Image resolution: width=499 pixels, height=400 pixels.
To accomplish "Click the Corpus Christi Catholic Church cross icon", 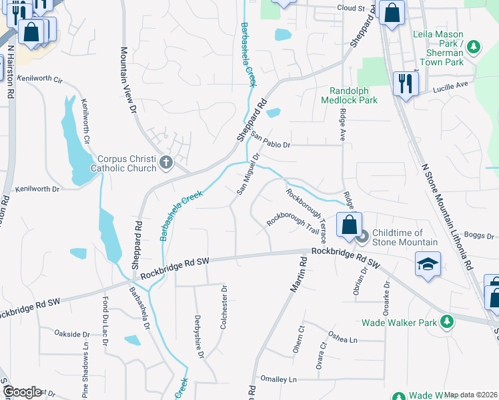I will (x=165, y=162).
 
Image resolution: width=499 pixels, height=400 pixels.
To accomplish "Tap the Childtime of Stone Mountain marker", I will (x=362, y=236).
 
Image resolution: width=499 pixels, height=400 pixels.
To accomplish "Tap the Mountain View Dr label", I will (x=127, y=78).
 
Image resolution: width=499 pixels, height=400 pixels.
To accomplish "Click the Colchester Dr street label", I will (x=224, y=307).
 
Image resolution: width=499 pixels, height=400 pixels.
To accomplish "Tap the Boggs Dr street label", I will (x=479, y=236).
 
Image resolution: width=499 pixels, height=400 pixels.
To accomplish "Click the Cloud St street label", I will (x=351, y=8).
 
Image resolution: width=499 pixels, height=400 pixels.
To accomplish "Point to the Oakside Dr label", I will (x=72, y=334).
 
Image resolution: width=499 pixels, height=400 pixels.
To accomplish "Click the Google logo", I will (x=21, y=392).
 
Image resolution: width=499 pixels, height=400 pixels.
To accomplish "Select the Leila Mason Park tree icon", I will (x=473, y=47).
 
